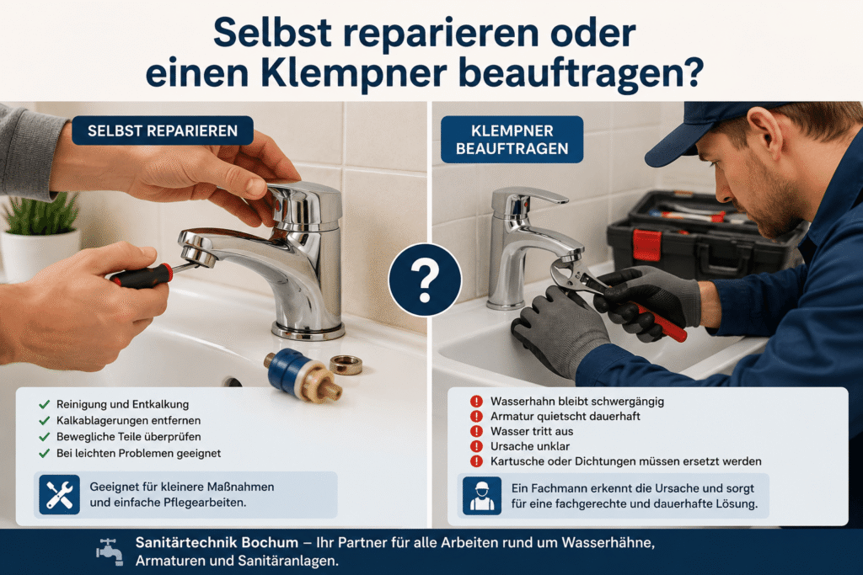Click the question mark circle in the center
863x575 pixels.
click(425, 280)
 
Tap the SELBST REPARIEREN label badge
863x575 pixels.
click(163, 130)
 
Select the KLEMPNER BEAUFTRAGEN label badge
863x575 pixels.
click(512, 140)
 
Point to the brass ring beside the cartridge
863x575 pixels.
click(346, 364)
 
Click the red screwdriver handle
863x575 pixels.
click(141, 275)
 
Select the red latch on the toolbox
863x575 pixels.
click(646, 245)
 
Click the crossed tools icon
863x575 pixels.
click(60, 495)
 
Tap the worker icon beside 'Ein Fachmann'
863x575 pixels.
click(481, 496)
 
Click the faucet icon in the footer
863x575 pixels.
click(110, 551)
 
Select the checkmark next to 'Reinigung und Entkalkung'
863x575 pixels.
click(45, 405)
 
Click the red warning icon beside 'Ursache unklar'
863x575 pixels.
click(476, 446)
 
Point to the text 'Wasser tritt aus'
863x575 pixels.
click(532, 432)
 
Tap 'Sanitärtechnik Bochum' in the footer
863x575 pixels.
click(217, 542)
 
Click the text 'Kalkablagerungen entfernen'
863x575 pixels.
click(128, 421)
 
